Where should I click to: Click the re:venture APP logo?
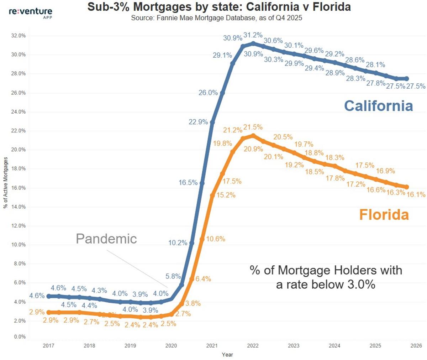point(30,12)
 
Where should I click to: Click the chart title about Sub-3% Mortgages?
point(219,7)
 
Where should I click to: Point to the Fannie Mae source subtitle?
point(216,18)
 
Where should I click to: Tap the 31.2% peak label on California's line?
point(253,35)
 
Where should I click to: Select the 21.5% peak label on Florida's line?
point(253,127)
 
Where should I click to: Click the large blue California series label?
point(378,106)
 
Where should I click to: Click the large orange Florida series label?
point(384,215)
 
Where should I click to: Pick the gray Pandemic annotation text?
point(106,239)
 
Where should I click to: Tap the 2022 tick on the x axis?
point(253,345)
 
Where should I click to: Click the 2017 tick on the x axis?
point(48,345)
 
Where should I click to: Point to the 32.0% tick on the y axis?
point(19,36)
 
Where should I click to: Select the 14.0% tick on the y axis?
point(19,207)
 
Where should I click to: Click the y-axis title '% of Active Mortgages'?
point(5,183)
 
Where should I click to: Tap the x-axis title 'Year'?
point(227,354)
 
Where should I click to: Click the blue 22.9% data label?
point(198,122)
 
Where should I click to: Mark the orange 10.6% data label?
point(216,239)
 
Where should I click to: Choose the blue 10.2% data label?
point(178,243)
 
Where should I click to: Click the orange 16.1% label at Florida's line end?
point(416,194)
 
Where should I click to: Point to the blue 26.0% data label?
point(208,93)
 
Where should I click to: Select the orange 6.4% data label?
point(203,279)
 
